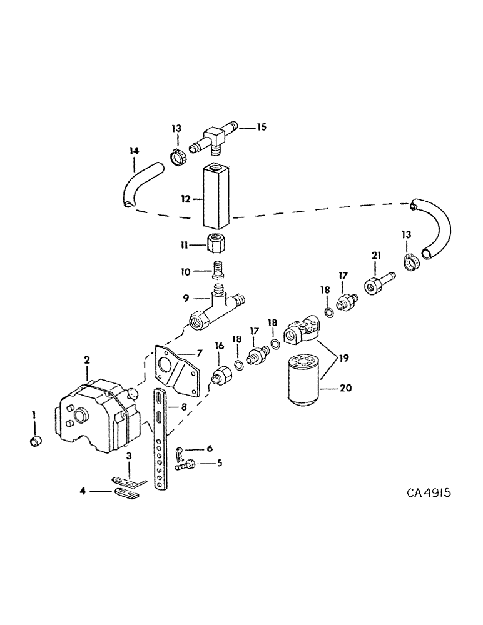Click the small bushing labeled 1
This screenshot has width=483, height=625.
coord(36,443)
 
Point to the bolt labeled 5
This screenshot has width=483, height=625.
coord(186,464)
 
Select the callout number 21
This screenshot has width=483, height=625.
coord(375,254)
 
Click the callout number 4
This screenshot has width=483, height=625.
coord(83,491)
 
